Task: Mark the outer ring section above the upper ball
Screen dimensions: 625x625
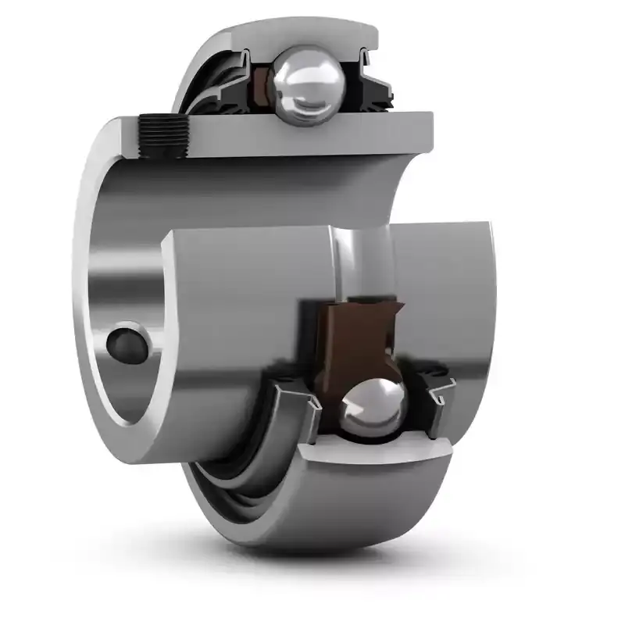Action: coord(297,35)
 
